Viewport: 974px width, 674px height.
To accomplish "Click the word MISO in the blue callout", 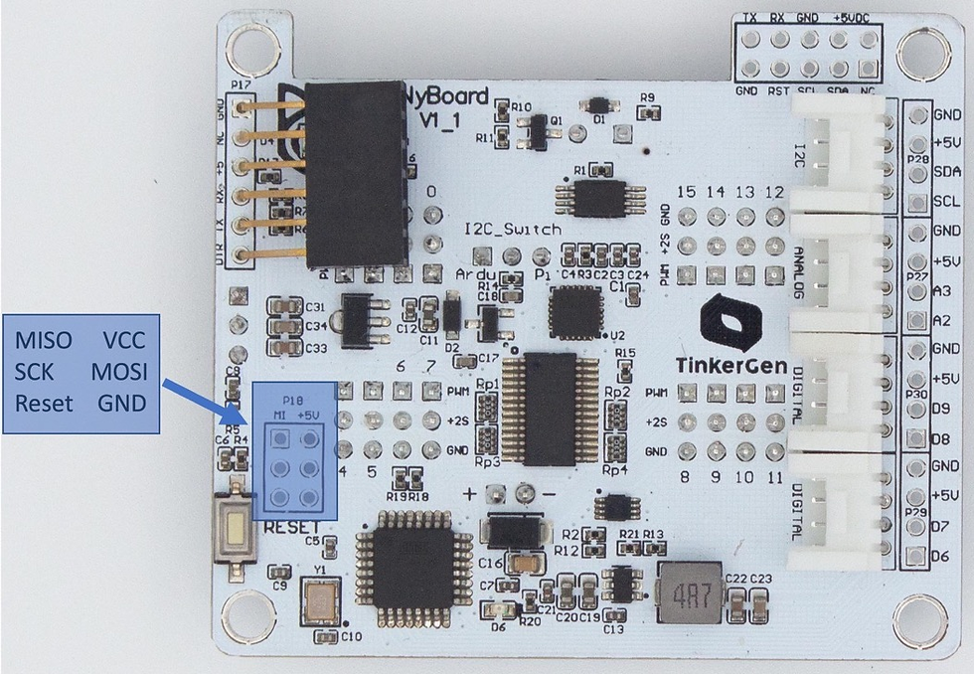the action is [x=44, y=340].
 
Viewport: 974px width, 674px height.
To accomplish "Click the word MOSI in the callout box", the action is [x=118, y=372].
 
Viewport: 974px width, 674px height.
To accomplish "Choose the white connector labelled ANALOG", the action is [x=838, y=283].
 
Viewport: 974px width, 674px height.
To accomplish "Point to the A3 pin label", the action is [x=945, y=289].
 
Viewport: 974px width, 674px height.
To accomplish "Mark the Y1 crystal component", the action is [x=322, y=598].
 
